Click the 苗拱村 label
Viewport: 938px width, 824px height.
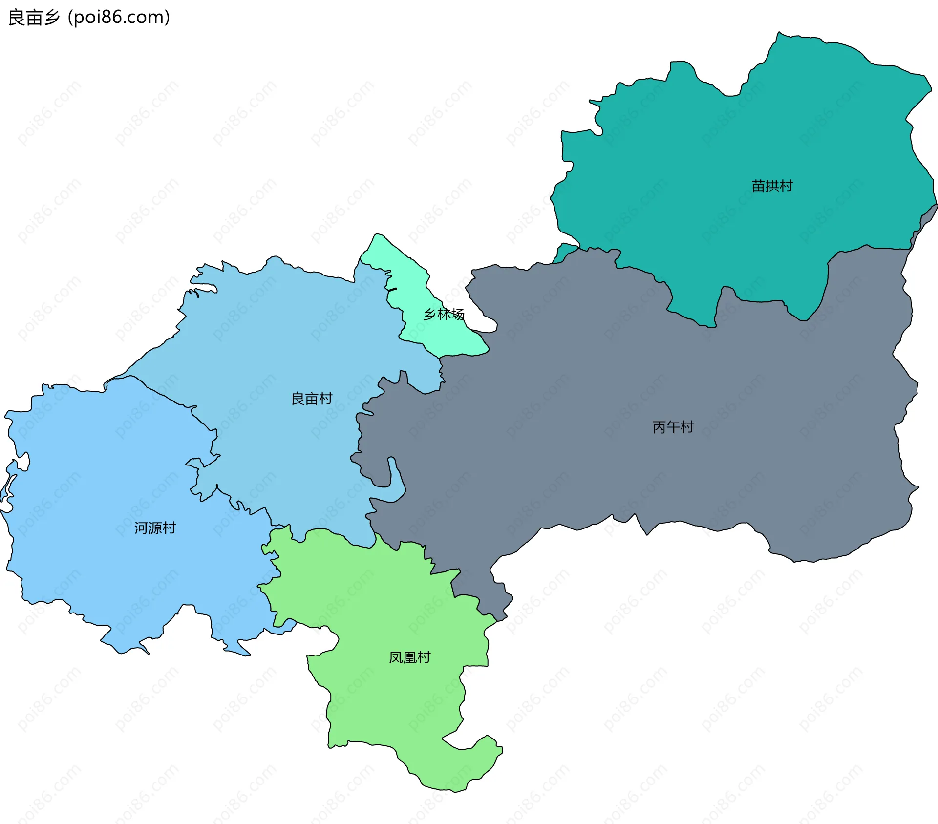[x=772, y=186]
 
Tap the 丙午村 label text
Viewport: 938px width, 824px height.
[x=673, y=427]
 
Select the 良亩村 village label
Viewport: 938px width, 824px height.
[x=312, y=399]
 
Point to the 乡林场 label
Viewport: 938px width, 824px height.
[x=444, y=314]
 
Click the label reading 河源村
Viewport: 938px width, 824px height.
[x=155, y=528]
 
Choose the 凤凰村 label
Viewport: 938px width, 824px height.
[x=409, y=657]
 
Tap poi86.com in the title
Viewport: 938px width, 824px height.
[x=119, y=18]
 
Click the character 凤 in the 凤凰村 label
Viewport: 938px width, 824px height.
[x=395, y=657]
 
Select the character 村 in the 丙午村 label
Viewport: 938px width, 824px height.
[x=687, y=427]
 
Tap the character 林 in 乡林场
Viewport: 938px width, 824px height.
[x=444, y=314]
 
